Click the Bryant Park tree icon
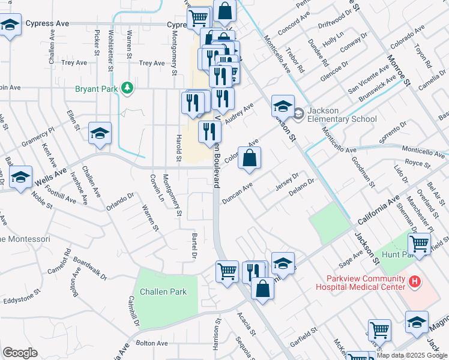click(x=127, y=89)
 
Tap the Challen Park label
click(x=163, y=292)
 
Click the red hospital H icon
click(x=413, y=281)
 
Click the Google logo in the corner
click(x=20, y=353)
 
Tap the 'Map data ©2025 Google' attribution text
click(x=412, y=355)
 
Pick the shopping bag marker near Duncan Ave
click(x=249, y=158)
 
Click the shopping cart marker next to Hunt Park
click(x=419, y=243)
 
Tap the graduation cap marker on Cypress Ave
click(x=10, y=25)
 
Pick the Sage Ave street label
click(x=351, y=259)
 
